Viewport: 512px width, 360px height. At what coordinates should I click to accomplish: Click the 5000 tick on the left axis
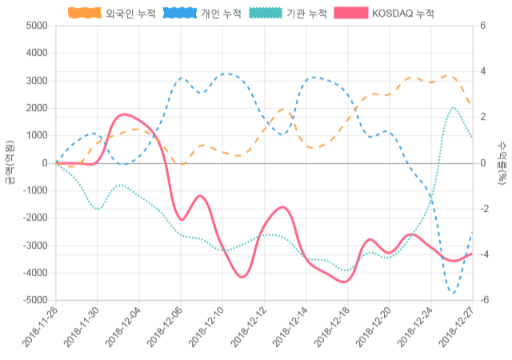click(x=36, y=26)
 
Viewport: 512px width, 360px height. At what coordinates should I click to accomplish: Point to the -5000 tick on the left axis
click(x=34, y=300)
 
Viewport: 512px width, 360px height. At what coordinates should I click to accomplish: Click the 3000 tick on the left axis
click(x=36, y=81)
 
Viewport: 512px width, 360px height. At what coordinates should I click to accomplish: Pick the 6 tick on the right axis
click(x=482, y=26)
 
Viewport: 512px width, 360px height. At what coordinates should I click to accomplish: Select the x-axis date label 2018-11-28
click(x=40, y=328)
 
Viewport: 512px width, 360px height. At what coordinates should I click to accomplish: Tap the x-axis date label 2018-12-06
click(x=165, y=328)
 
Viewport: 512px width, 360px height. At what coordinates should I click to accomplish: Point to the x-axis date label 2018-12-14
click(x=290, y=328)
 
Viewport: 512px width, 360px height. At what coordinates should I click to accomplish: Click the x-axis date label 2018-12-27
click(x=456, y=328)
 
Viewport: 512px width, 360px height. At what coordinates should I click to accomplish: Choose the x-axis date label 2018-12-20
click(x=373, y=328)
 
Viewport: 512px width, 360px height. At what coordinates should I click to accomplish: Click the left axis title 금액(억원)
click(x=10, y=162)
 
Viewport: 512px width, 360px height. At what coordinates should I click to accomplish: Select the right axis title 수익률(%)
click(x=502, y=162)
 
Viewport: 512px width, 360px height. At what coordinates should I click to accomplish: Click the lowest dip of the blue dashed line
click(x=453, y=293)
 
